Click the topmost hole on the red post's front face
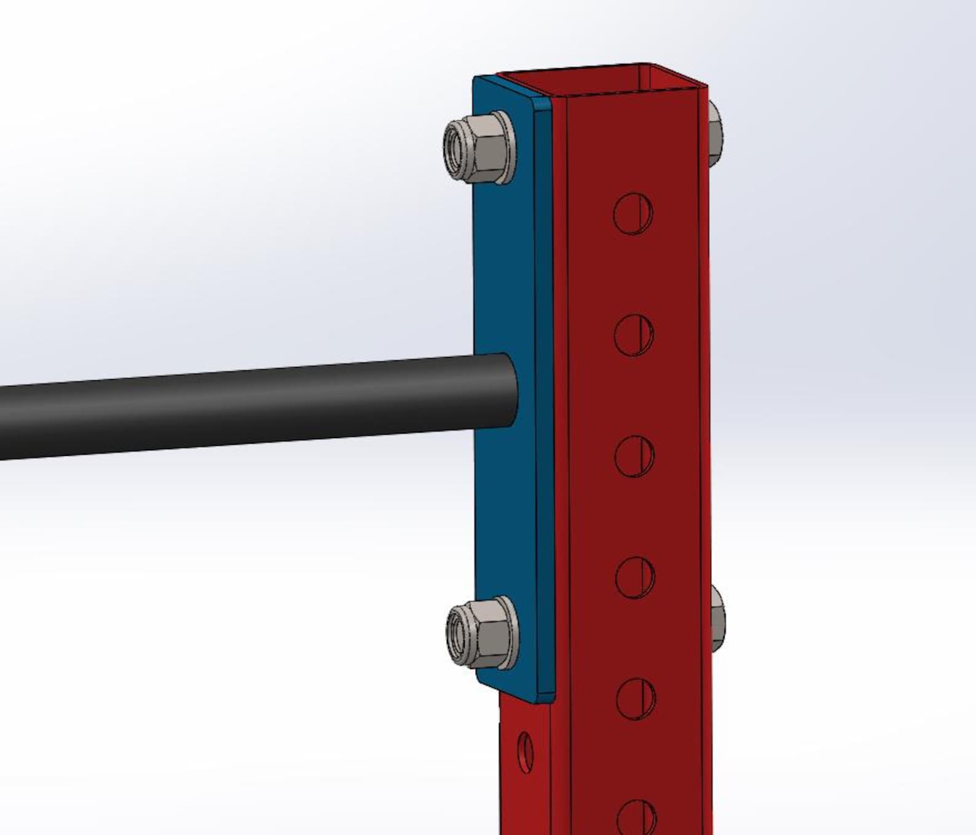[633, 213]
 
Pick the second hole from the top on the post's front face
[634, 334]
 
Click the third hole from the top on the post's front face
[634, 455]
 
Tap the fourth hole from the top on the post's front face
[635, 577]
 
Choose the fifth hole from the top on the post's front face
[636, 698]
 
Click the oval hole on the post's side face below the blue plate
[525, 752]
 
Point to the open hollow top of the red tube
[602, 80]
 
